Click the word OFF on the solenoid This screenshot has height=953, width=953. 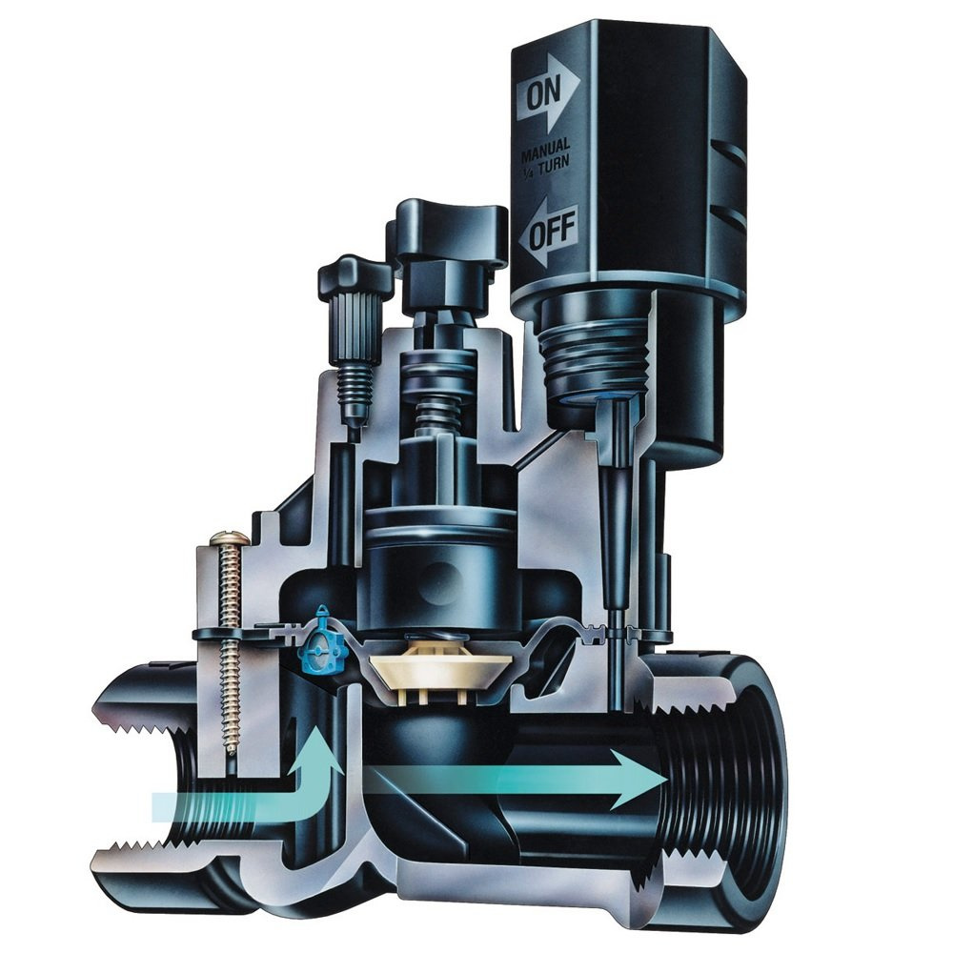[x=551, y=234]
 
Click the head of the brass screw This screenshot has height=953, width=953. [x=229, y=538]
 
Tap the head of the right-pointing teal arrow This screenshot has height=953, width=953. [x=639, y=779]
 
